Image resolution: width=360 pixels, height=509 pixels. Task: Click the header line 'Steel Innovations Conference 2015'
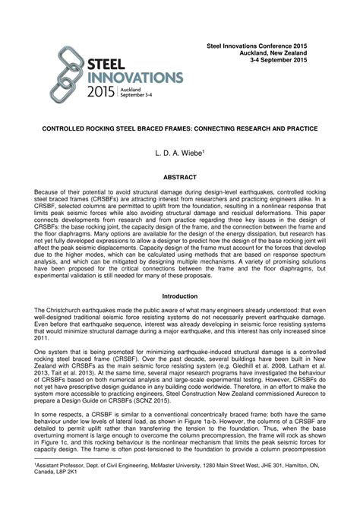[x=259, y=47]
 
